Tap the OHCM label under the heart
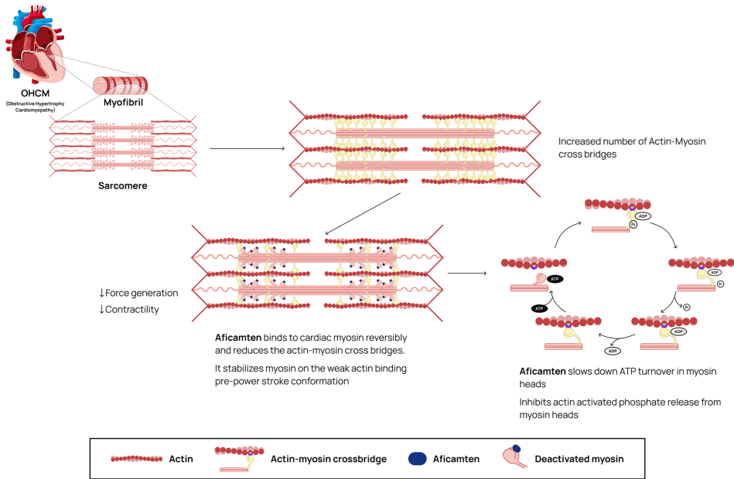click(36, 95)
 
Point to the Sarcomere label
click(122, 185)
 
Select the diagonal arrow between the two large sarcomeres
click(363, 213)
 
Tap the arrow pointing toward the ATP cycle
click(467, 272)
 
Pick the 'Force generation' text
click(142, 293)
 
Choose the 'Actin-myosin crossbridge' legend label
click(329, 459)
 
